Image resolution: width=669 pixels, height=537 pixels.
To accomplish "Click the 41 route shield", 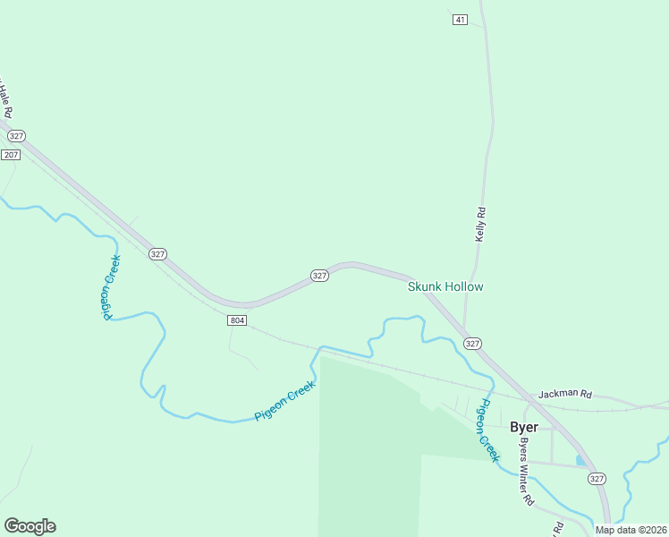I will click(460, 20).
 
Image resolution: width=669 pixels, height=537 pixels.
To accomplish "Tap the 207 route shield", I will click(11, 155).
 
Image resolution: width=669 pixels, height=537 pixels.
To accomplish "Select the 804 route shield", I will click(236, 320).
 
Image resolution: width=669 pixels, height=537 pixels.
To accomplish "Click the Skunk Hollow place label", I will click(445, 286).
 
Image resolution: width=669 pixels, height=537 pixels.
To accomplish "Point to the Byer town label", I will click(523, 427).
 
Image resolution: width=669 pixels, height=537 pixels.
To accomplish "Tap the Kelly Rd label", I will click(480, 225).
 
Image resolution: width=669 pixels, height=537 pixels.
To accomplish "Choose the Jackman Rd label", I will click(564, 394).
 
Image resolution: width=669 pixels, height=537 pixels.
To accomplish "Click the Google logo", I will click(30, 526).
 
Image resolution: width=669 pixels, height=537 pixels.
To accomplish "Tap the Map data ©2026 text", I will click(631, 530).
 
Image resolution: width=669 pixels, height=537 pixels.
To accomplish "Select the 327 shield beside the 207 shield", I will click(16, 135).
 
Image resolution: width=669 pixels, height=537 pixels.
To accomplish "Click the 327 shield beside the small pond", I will click(597, 479).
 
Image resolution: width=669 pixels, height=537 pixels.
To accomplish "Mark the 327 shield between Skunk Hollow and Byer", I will click(473, 344).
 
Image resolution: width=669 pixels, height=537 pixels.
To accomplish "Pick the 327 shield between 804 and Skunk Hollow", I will click(319, 276).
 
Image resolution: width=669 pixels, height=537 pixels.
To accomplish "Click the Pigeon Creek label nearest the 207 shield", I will click(111, 287).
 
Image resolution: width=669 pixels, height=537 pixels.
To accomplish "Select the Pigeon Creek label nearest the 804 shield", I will click(287, 403).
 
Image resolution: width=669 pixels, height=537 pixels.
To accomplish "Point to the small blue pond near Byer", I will click(581, 460).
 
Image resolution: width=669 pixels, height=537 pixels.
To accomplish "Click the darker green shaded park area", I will click(367, 447).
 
